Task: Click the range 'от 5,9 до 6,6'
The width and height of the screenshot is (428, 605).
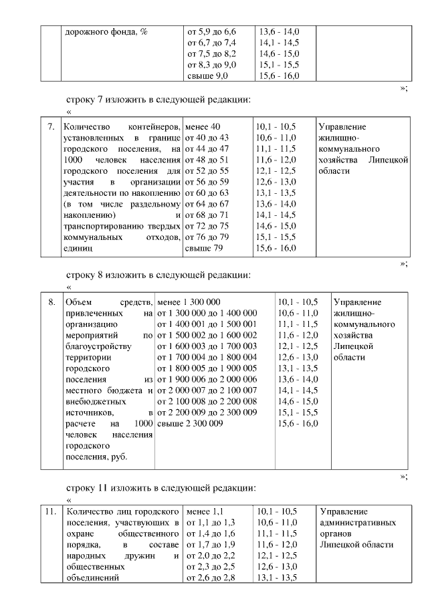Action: [211, 31]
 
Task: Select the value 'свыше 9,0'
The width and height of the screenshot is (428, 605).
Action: [207, 76]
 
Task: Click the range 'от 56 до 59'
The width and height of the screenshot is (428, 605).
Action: [207, 181]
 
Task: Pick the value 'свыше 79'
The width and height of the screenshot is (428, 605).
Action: [203, 247]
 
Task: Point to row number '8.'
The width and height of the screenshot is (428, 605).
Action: [50, 301]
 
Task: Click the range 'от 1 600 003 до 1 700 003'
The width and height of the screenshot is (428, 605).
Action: [206, 346]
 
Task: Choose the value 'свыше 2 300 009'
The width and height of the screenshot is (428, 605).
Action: [189, 423]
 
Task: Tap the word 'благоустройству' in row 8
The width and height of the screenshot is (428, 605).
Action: [99, 346]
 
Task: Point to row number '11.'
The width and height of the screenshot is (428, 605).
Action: [50, 512]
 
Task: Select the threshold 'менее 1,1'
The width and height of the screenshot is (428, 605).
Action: [203, 512]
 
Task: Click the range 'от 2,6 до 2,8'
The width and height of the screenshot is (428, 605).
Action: [211, 578]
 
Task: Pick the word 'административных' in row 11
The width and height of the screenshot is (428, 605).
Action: [358, 523]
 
